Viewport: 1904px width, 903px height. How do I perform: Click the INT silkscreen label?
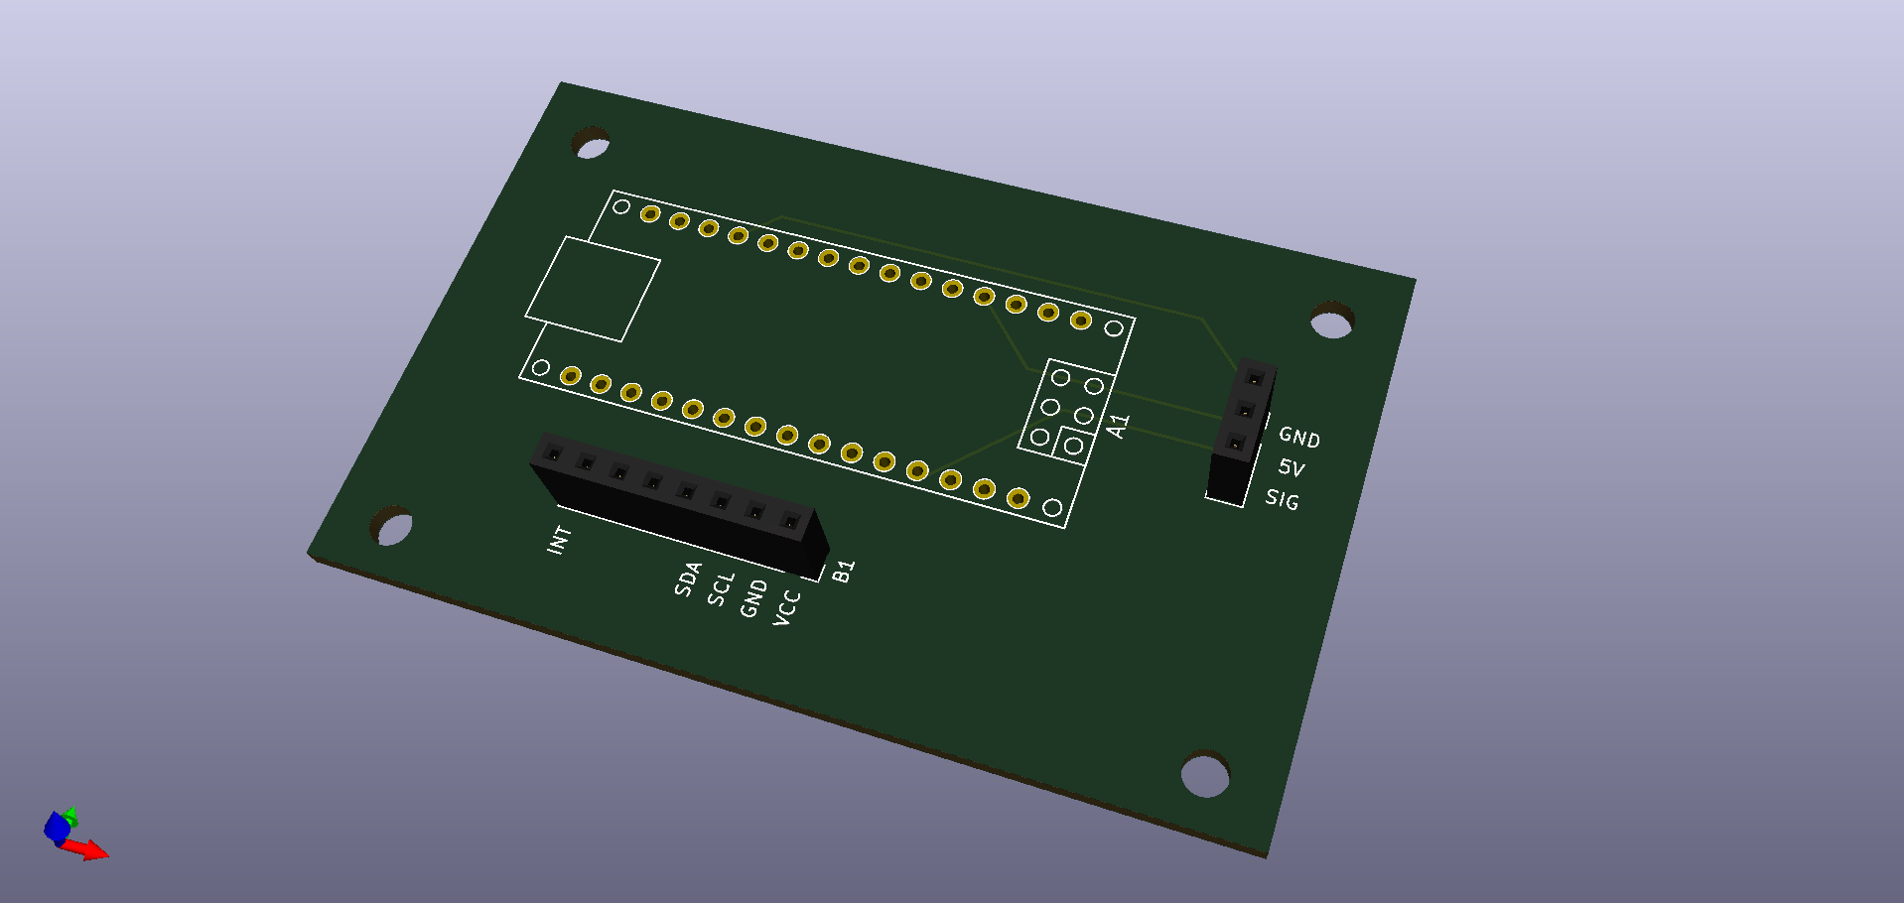pyautogui.click(x=560, y=540)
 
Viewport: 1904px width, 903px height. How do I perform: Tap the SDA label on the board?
pyautogui.click(x=688, y=579)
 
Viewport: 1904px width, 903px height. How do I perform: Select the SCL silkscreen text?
pyautogui.click(x=721, y=588)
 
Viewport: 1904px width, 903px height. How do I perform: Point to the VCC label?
pyautogui.click(x=786, y=607)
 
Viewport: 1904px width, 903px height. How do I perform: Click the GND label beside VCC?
pyautogui.click(x=753, y=598)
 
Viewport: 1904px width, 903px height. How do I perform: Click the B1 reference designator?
pyautogui.click(x=843, y=571)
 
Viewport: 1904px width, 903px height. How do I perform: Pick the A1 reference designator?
pyautogui.click(x=1119, y=426)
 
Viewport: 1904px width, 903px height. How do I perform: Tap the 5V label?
pyautogui.click(x=1292, y=467)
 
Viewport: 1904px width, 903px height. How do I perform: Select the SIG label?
pyautogui.click(x=1282, y=499)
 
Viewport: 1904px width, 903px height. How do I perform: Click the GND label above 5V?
pyautogui.click(x=1299, y=437)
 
